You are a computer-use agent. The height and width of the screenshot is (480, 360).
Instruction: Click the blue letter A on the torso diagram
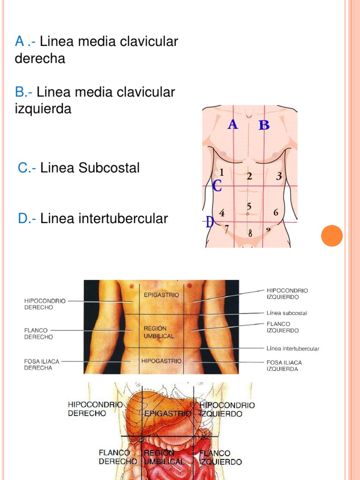233,125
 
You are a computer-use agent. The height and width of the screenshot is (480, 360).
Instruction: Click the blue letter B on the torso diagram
264,125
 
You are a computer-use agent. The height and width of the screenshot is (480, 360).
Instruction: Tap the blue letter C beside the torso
217,186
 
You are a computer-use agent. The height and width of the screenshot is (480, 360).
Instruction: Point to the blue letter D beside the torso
210,222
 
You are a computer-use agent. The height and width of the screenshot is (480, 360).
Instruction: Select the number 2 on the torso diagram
249,176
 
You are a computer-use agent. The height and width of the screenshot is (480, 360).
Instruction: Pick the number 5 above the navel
249,206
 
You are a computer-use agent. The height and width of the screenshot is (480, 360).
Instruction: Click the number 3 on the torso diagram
279,176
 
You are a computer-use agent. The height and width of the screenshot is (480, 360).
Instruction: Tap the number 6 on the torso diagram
276,212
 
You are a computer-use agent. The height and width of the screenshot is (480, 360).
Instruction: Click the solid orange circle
332,235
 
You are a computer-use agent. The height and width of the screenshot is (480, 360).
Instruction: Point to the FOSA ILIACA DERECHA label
42,365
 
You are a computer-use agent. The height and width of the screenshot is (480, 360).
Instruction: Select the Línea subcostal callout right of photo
287,313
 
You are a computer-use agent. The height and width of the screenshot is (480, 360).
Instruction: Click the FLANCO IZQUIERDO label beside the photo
282,327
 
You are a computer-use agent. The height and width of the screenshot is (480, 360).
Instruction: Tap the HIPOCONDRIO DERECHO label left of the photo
45,304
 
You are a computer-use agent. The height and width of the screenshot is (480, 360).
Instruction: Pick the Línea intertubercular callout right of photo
292,348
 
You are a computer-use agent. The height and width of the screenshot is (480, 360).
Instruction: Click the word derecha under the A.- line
40,59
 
